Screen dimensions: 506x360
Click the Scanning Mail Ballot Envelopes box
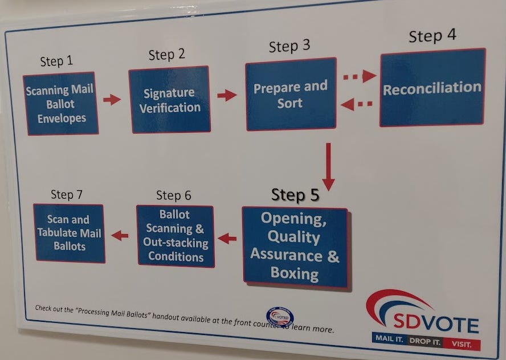60,104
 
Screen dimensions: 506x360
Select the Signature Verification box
169,100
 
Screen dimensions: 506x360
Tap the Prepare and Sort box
291,95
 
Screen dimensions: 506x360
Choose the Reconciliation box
432,88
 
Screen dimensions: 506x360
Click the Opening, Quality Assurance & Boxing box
295,246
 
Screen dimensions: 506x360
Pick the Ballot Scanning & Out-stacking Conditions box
176,235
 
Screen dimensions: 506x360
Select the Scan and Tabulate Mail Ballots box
70,232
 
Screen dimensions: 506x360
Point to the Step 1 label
56,61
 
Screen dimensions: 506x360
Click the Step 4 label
432,35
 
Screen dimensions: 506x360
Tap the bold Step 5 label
295,195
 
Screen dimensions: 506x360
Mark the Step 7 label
67,194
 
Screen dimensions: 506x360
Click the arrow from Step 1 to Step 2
112,100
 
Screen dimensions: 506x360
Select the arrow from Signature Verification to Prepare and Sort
227,95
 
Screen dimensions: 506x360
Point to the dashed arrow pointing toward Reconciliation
360,76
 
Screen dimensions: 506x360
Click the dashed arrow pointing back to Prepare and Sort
357,104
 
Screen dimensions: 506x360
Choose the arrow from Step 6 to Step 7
120,235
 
